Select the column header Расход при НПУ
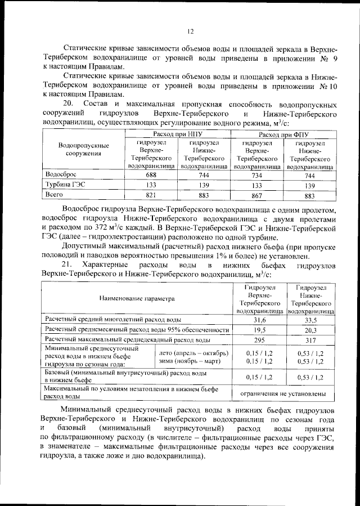(x=178, y=135)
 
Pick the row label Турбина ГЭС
(x=65, y=185)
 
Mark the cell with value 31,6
(x=260, y=320)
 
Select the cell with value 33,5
(x=311, y=320)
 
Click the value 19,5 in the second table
(x=260, y=330)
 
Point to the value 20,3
(x=311, y=330)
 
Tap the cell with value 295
(x=260, y=341)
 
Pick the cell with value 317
(x=311, y=341)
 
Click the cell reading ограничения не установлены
(x=285, y=393)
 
